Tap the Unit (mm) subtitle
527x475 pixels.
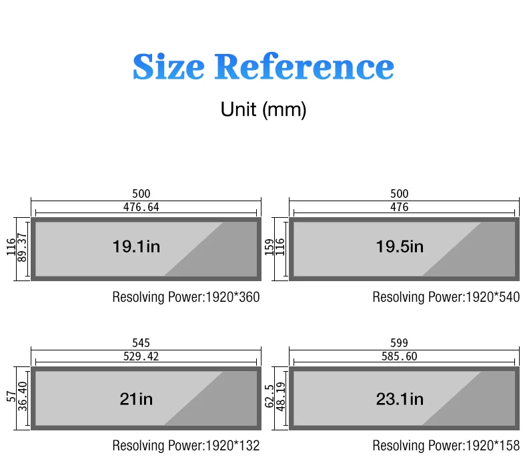pyautogui.click(x=263, y=109)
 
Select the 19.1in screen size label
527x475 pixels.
pyautogui.click(x=136, y=247)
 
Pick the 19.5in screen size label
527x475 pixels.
pyautogui.click(x=400, y=247)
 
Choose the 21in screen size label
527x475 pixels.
pyautogui.click(x=136, y=399)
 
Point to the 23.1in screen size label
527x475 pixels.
pyautogui.click(x=400, y=399)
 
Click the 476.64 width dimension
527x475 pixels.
pyautogui.click(x=141, y=207)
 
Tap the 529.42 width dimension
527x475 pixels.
pyautogui.click(x=141, y=357)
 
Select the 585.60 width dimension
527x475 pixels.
pyautogui.click(x=400, y=357)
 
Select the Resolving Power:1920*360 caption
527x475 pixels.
pyautogui.click(x=185, y=297)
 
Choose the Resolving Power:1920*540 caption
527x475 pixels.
pyautogui.click(x=446, y=297)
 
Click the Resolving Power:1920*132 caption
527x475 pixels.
pyautogui.click(x=185, y=446)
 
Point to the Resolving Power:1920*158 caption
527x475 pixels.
pyautogui.click(x=446, y=446)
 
